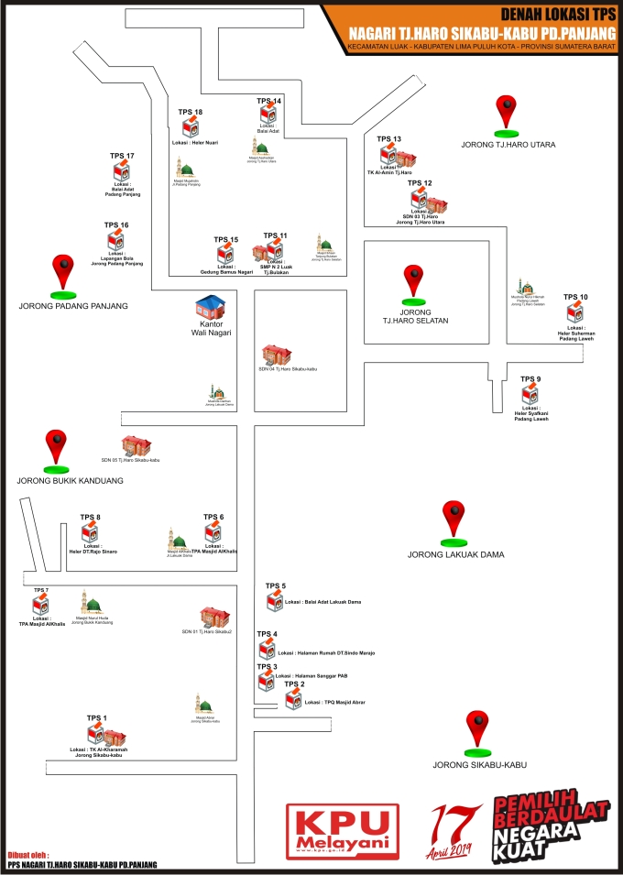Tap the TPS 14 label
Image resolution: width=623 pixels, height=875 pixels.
[x=269, y=100]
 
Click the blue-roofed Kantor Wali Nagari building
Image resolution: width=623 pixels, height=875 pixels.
[x=211, y=308]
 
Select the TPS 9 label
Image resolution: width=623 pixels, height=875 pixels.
[x=530, y=378]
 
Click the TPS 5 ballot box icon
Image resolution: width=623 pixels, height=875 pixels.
[x=275, y=601]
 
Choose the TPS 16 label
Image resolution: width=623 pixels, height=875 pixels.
[x=116, y=224]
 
